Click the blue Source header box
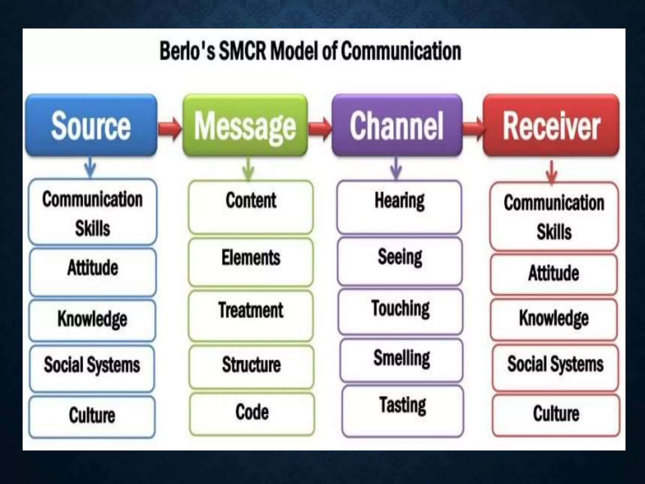point(91,125)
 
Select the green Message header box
point(245,125)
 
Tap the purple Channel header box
point(397,125)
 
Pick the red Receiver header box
point(551,125)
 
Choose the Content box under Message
point(251,207)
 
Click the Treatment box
point(251,315)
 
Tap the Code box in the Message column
point(252,414)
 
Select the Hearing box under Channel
point(399,207)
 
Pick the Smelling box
point(402,360)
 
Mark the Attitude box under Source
point(93,272)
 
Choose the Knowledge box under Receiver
point(554,320)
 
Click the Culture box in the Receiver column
point(556,415)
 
